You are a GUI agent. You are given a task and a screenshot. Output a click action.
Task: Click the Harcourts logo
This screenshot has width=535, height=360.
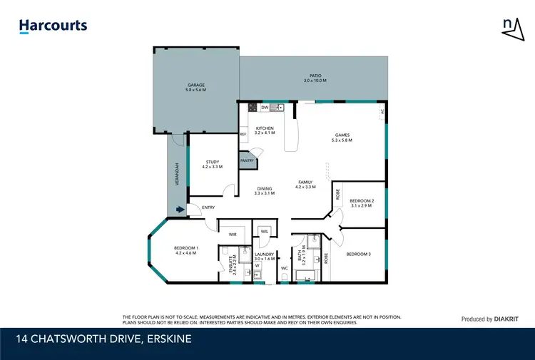[x=53, y=26]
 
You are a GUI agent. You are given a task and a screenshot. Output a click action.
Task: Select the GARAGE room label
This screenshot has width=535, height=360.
[x=196, y=85]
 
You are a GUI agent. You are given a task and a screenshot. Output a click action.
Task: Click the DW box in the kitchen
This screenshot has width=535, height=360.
[x=264, y=108]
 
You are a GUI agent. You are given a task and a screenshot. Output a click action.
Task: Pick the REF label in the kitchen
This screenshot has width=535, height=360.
[x=243, y=134]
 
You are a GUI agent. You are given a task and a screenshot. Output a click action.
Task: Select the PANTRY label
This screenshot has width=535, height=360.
[x=247, y=161]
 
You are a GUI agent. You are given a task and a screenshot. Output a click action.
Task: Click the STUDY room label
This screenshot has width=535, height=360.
[x=213, y=162]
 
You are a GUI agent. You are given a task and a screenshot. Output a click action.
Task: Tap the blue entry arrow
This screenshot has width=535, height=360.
[x=178, y=210]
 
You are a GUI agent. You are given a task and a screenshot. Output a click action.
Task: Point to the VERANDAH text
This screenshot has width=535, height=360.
[x=176, y=175]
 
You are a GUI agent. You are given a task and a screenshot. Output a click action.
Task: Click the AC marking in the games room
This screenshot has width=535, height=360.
[x=382, y=112]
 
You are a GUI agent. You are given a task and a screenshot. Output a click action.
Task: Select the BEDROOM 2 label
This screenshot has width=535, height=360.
[x=362, y=202]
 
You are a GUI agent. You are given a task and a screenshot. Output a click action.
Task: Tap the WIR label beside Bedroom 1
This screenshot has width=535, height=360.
[x=233, y=234]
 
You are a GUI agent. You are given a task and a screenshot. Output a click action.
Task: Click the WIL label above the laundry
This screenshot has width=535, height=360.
[x=264, y=231]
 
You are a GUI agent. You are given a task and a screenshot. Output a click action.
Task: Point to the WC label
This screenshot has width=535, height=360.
[x=284, y=268]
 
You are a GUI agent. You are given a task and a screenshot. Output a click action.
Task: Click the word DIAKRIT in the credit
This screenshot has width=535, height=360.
[x=501, y=319]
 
